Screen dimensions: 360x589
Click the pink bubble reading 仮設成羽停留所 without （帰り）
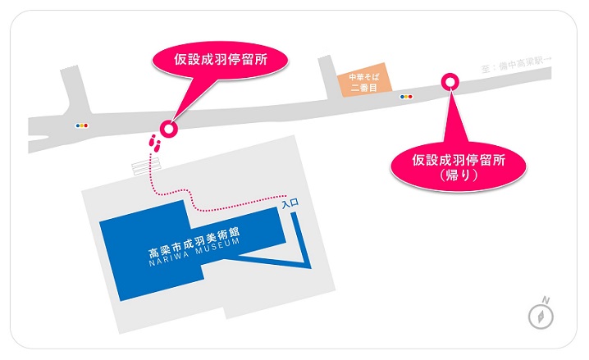(221, 59)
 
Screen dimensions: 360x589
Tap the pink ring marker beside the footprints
(169, 128)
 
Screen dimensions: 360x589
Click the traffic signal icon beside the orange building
(406, 96)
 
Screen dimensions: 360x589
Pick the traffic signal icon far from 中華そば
(80, 126)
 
